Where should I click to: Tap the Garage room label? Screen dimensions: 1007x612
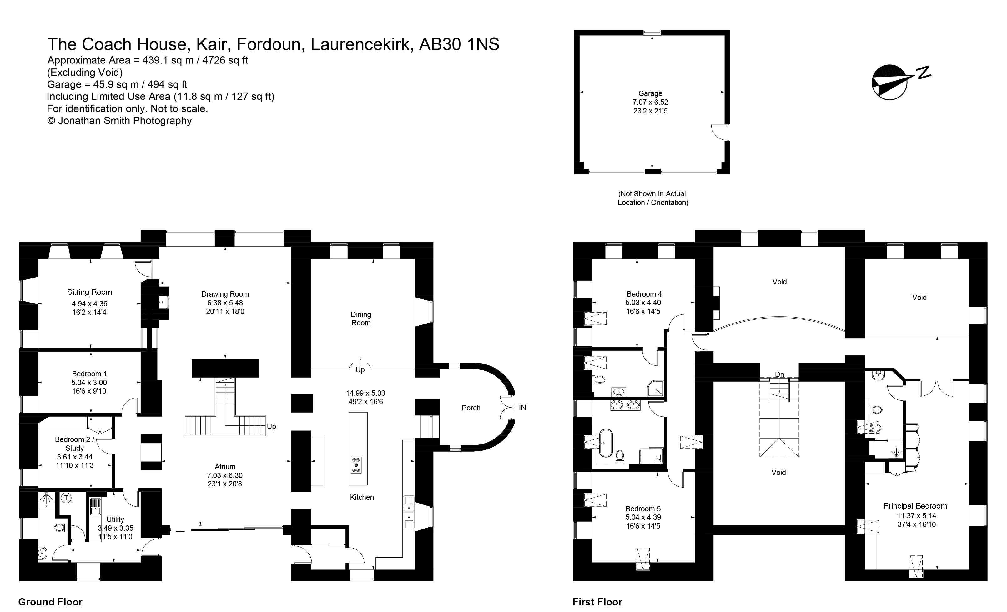click(650, 93)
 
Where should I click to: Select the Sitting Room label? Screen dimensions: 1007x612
click(89, 292)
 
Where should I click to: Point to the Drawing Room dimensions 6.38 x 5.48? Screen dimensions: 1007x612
click(225, 303)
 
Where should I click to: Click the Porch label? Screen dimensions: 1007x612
click(471, 408)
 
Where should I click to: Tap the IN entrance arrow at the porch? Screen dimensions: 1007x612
click(518, 407)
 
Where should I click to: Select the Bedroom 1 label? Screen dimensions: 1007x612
click(89, 374)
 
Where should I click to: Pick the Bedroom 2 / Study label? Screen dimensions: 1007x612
click(74, 444)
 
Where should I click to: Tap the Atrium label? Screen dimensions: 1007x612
click(225, 467)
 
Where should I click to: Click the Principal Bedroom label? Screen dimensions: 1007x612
click(915, 506)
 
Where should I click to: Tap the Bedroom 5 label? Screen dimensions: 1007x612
click(643, 509)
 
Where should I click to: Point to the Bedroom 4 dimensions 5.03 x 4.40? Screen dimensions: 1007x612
click(643, 303)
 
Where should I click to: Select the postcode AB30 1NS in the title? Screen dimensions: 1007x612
click(459, 44)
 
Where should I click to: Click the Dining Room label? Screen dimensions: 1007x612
click(361, 319)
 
